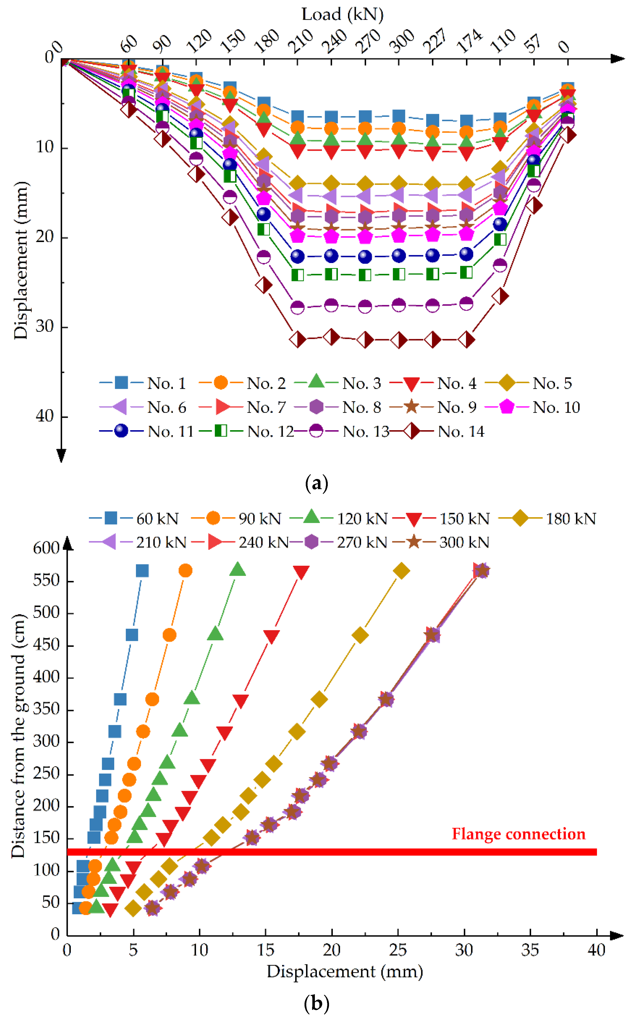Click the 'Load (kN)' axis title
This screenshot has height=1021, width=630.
(342, 15)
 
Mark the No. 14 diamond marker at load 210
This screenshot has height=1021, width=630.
(297, 340)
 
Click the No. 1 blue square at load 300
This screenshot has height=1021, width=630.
(399, 116)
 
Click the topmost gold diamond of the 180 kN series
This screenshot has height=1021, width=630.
(401, 571)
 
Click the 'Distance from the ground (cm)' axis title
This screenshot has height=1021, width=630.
(18, 735)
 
